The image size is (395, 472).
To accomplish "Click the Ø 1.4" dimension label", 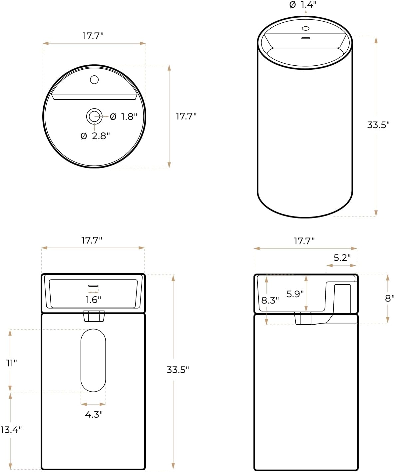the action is click(303, 5).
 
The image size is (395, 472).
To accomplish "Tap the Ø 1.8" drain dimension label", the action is click(124, 117).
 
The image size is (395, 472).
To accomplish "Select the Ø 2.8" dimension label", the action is click(95, 136).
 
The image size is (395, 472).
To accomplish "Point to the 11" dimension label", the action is click(12, 363).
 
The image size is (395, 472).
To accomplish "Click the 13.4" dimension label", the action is click(11, 430).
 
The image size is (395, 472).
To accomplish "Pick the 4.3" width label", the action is click(94, 414).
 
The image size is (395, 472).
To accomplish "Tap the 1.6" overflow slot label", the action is click(93, 300).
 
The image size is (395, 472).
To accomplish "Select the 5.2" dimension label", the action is click(342, 258).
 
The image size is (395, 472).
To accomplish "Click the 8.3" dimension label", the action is click(270, 301).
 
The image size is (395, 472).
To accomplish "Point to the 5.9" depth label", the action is click(295, 294).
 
